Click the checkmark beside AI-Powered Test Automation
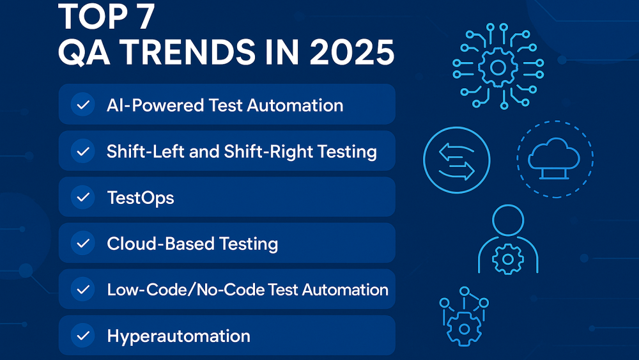point(82,105)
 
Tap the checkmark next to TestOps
point(82,198)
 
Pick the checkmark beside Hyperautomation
point(82,336)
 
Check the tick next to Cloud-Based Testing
point(82,244)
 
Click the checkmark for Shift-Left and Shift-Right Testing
point(82,152)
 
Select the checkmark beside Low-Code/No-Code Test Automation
point(82,290)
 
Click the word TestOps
point(141,198)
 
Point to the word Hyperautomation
point(178,336)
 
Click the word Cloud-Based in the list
point(160,244)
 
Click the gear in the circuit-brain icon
point(498,67)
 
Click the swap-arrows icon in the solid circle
point(456,160)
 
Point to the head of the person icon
point(508,220)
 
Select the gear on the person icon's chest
point(508,259)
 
